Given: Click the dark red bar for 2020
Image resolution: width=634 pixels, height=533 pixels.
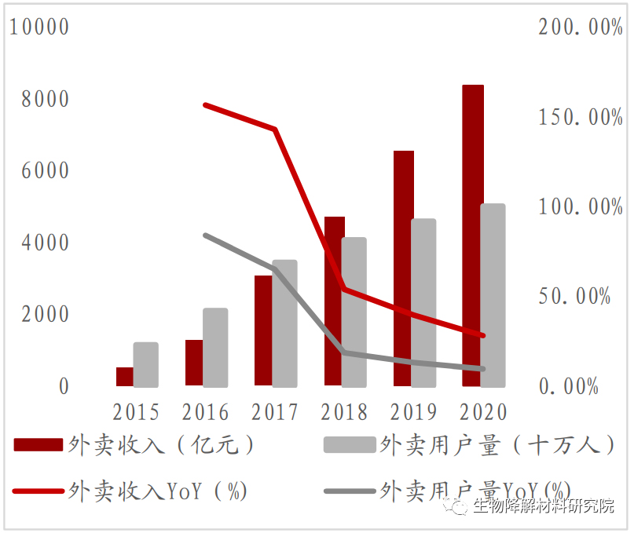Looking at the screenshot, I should pyautogui.click(x=473, y=235).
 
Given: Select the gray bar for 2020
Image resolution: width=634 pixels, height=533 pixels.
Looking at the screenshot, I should pyautogui.click(x=493, y=295).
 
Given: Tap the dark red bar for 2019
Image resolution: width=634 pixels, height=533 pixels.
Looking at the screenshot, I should pyautogui.click(x=404, y=268).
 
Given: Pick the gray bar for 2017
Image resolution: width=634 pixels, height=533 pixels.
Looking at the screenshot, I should pyautogui.click(x=284, y=323).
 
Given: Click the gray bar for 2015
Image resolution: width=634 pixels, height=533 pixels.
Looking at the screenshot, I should pyautogui.click(x=145, y=364).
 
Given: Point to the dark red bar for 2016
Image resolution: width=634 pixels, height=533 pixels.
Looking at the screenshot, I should pyautogui.click(x=193, y=363).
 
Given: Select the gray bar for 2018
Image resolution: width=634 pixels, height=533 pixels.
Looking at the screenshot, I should pyautogui.click(x=354, y=312).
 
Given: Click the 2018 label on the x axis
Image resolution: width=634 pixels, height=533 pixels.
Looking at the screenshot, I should pyautogui.click(x=344, y=412).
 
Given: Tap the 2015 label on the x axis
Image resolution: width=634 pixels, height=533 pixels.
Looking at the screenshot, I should pyautogui.click(x=136, y=412).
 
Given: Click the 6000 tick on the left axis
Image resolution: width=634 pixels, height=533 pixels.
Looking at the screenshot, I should pyautogui.click(x=45, y=171).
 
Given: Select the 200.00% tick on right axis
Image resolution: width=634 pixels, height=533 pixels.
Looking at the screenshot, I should pyautogui.click(x=581, y=27).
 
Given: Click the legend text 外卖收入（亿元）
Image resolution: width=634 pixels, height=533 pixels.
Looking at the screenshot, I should pyautogui.click(x=162, y=445).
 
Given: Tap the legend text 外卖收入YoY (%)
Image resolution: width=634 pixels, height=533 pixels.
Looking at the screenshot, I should pyautogui.click(x=158, y=491).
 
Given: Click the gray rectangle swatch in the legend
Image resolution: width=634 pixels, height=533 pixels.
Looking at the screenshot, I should pyautogui.click(x=349, y=445).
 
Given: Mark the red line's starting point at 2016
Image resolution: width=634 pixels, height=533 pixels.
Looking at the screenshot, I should pyautogui.click(x=205, y=104).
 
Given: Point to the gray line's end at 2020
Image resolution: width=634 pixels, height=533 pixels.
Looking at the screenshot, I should pyautogui.click(x=482, y=368).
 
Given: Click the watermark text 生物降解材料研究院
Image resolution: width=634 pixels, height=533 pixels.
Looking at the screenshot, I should pyautogui.click(x=543, y=507).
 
